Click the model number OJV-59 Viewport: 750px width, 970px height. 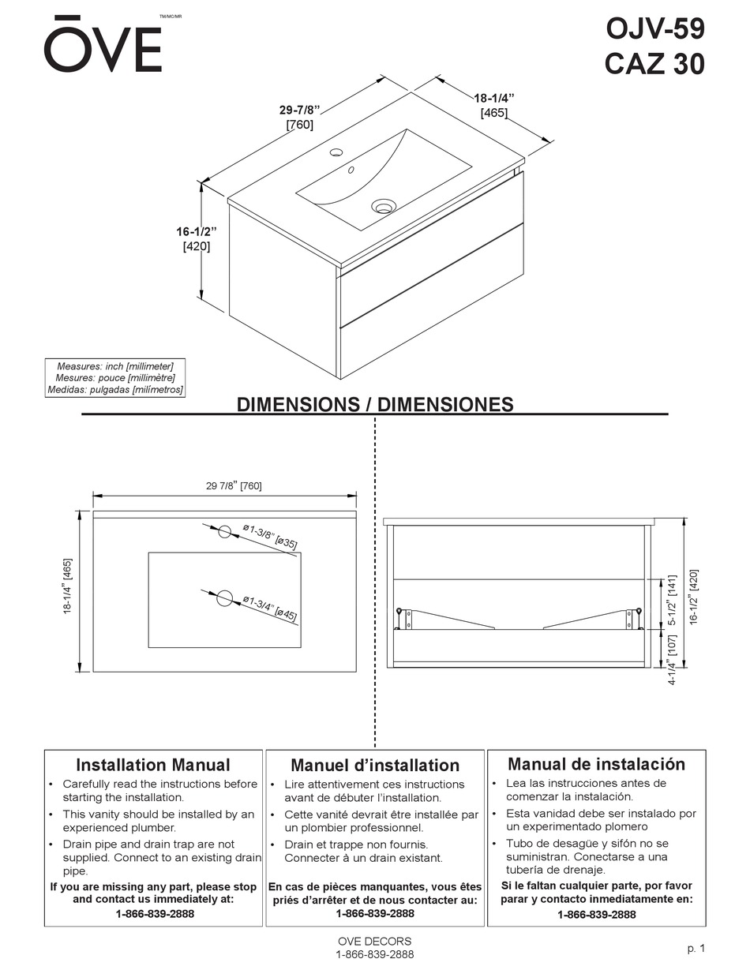tap(654, 29)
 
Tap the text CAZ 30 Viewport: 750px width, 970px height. tap(654, 64)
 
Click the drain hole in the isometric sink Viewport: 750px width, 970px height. tap(383, 207)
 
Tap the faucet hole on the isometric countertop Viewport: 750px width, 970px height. tap(336, 152)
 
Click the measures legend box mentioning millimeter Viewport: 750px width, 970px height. tap(115, 378)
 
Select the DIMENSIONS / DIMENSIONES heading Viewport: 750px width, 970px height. tap(375, 405)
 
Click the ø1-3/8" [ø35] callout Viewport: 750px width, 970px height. tap(270, 536)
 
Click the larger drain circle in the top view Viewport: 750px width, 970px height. tap(225, 598)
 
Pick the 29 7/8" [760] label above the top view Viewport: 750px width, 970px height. tap(234, 486)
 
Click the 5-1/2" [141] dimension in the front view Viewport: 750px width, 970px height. tap(672, 600)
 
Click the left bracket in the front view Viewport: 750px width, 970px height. tap(407, 619)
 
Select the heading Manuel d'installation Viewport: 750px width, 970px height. tap(375, 766)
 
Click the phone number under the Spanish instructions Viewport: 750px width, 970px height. tap(596, 915)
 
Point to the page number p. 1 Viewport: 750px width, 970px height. tap(696, 949)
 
